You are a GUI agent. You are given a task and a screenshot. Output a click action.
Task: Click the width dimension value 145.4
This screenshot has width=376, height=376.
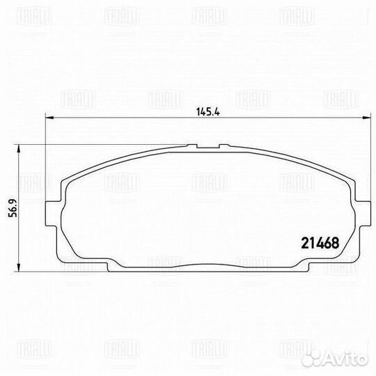(x=202, y=109)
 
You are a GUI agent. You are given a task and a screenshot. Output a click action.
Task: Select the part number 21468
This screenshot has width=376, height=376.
(x=319, y=244)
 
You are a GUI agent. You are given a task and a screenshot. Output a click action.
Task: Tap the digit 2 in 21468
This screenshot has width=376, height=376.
(x=303, y=244)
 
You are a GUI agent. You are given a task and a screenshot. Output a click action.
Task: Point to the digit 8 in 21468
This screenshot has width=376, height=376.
(x=335, y=244)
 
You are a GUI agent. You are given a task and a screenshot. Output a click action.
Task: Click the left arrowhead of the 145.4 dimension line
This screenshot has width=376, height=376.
(x=47, y=118)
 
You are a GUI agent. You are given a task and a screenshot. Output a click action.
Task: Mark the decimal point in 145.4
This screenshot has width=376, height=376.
(x=205, y=112)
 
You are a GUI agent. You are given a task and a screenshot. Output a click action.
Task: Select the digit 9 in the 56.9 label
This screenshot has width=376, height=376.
(x=12, y=199)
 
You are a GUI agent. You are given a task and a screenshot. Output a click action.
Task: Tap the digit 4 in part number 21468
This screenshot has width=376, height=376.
(x=319, y=244)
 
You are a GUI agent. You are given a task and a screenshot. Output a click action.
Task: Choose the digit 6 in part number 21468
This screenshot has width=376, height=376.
(x=327, y=244)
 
